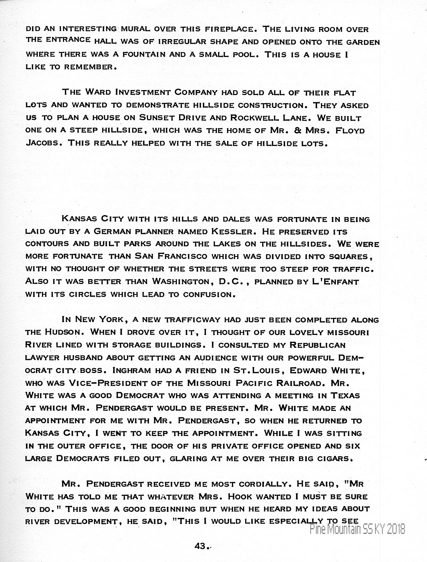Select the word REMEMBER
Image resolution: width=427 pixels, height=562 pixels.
click(90, 67)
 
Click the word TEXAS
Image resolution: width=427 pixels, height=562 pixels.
click(345, 395)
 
